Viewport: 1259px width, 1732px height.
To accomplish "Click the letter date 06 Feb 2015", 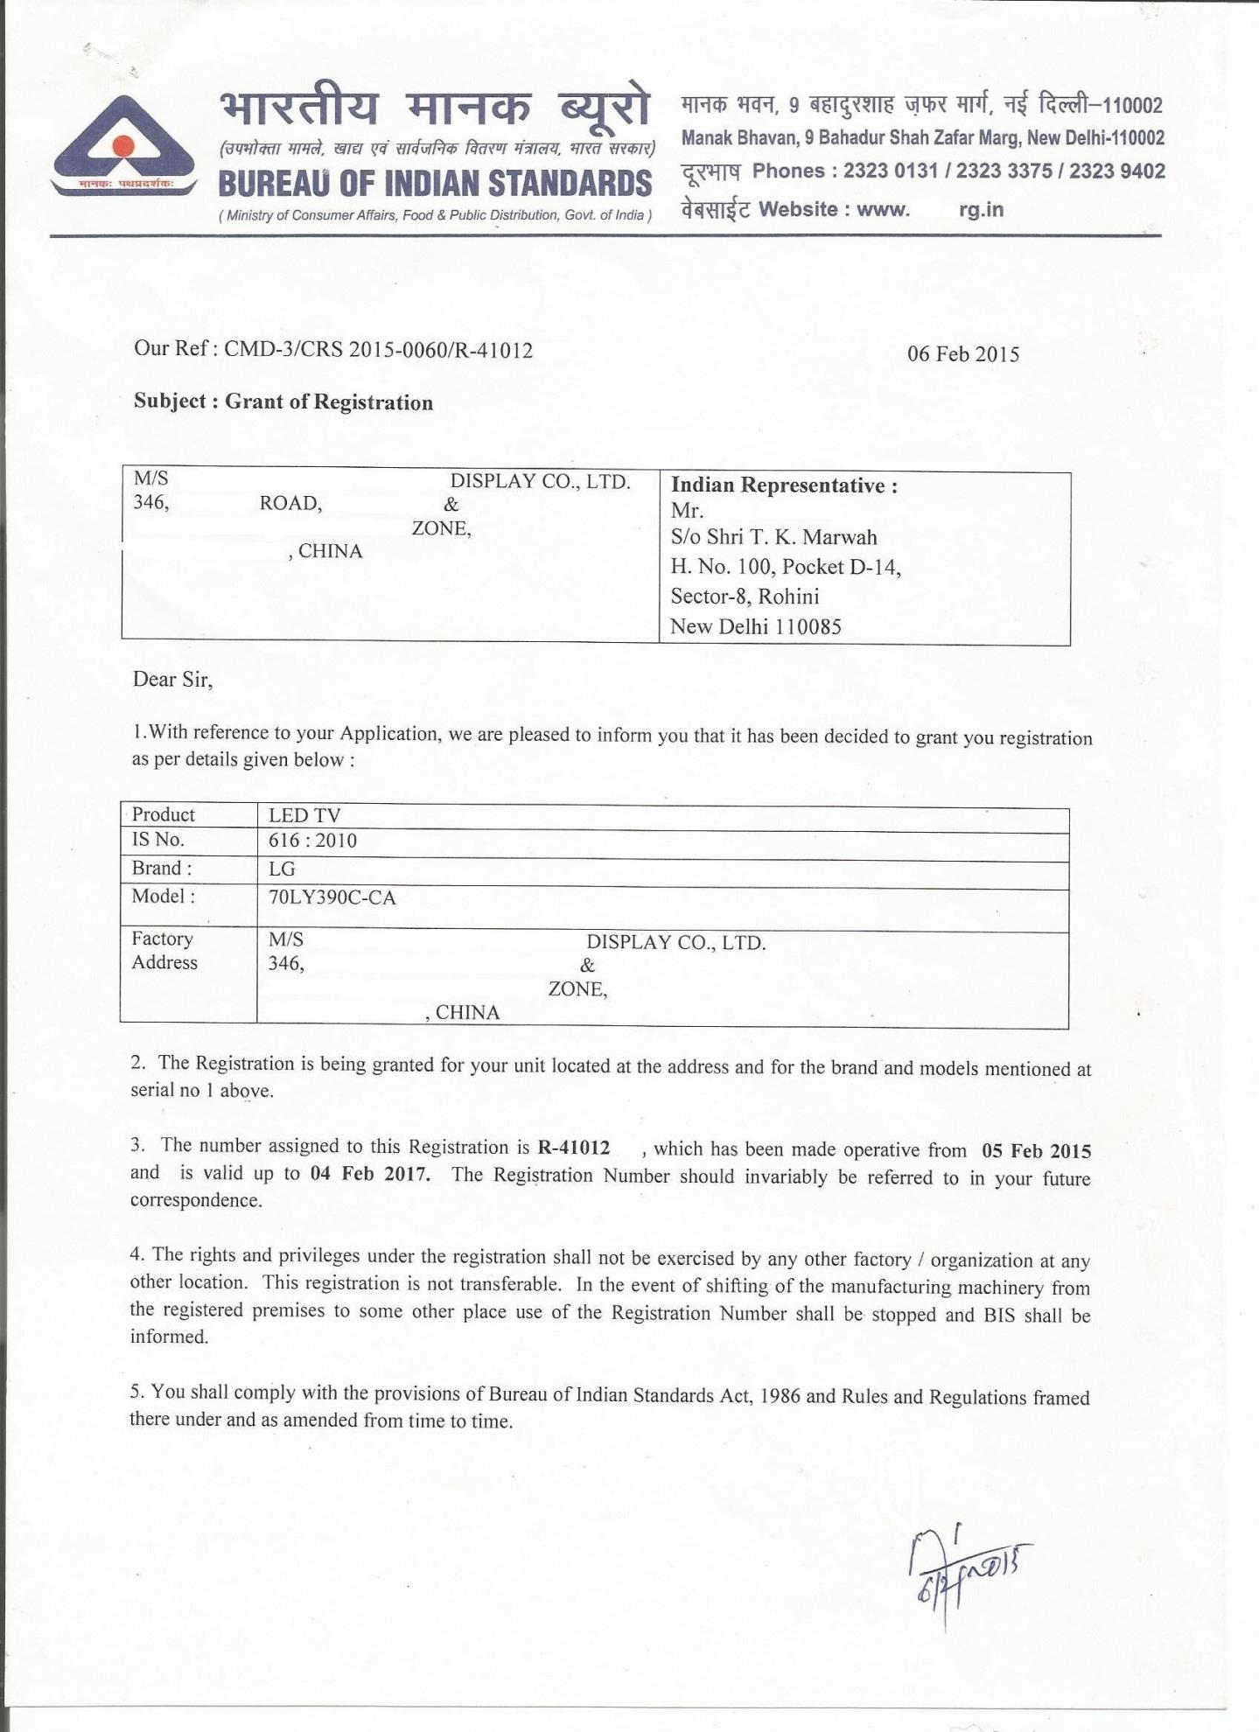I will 962,354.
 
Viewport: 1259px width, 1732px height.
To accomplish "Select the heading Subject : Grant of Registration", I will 283,402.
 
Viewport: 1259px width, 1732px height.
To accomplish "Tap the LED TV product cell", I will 304,815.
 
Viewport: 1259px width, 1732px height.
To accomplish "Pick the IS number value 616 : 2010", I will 312,842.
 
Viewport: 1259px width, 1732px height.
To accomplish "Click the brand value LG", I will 282,869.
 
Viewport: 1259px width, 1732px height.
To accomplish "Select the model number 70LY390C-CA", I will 332,897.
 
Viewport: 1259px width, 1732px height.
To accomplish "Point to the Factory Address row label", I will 164,950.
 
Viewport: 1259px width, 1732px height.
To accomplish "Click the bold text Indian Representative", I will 783,485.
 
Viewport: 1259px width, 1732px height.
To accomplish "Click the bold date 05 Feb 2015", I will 1036,1151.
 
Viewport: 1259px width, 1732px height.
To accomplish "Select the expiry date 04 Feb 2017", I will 369,1174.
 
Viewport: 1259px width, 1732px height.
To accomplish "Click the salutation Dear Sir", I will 172,680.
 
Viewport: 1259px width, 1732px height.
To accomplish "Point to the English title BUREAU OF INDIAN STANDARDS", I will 435,184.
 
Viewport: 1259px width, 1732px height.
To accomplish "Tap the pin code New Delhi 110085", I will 755,626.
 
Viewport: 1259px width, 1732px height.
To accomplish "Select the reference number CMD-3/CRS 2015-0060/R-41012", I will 378,351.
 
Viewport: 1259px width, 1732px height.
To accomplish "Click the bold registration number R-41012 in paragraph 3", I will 574,1148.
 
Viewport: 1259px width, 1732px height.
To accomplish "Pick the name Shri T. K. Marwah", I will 791,537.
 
